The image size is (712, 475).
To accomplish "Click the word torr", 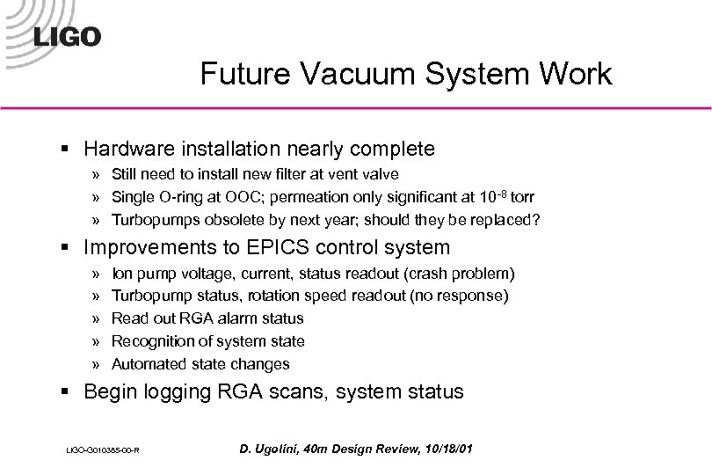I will [518, 197].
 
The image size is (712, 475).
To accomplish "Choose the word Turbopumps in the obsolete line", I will [154, 220].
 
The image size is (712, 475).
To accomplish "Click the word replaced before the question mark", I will [500, 220].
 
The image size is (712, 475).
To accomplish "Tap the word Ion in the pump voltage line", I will [122, 274].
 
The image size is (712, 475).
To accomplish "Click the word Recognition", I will [153, 340].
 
